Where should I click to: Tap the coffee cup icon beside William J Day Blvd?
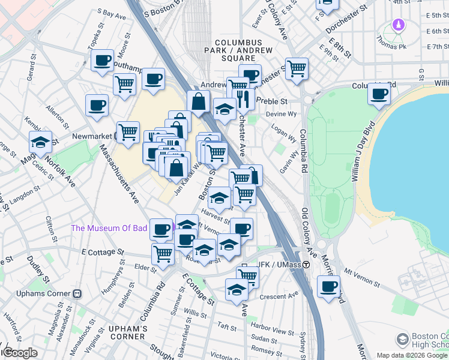click(379, 94)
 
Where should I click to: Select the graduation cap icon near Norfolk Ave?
click(40, 142)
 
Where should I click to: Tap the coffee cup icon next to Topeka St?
click(103, 60)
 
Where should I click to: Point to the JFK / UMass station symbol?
click(306, 265)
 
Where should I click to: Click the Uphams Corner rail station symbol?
click(77, 293)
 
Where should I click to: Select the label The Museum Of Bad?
click(109, 228)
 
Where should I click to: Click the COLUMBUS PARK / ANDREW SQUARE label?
click(244, 46)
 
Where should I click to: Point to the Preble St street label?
click(272, 101)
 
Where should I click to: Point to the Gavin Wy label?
click(289, 162)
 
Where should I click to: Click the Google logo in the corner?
click(19, 353)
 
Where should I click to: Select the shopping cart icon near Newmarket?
click(127, 131)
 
